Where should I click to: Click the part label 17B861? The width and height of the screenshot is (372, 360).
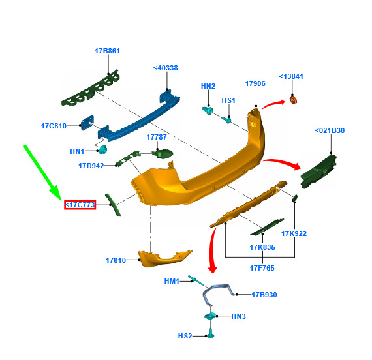pos(107,51)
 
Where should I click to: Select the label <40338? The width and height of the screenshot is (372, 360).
pos(165,68)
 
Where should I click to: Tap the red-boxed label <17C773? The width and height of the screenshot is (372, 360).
pos(80,205)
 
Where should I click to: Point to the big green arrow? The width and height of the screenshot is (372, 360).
pos(42,173)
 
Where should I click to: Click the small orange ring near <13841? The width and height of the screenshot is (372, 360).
pos(294,99)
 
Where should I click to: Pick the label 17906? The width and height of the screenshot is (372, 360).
pos(255,83)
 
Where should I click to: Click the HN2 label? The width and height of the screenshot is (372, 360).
pos(208,86)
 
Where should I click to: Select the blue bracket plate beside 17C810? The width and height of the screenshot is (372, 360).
pos(87,123)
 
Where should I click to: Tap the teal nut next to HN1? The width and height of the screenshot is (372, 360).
pos(103,149)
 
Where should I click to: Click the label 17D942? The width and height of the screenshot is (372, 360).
pos(91,166)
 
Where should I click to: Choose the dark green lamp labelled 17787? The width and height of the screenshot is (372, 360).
pos(163,154)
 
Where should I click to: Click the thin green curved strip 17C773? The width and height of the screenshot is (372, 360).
pos(113,205)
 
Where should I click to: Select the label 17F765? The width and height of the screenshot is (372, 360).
pos(262,268)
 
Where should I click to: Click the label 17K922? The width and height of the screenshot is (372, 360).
pos(294,233)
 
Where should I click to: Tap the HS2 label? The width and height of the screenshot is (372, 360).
pos(185,336)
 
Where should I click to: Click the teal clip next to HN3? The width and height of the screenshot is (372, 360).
pos(210,316)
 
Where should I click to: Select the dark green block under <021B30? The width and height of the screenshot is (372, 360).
pos(318,172)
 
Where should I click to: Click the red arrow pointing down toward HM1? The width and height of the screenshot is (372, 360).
pos(211,249)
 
